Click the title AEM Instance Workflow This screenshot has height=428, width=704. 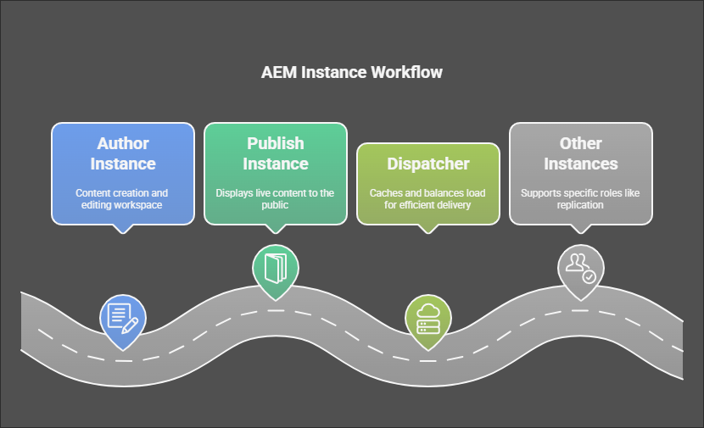pos(352,72)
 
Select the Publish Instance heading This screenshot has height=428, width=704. pos(276,153)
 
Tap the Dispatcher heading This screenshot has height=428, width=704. pos(428,163)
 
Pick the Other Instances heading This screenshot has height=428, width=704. pos(581,153)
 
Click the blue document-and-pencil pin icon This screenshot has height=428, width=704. pos(122,315)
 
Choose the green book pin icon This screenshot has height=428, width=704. pos(276,270)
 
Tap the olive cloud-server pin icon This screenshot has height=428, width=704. pos(428,315)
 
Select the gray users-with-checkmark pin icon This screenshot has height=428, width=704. pos(581,269)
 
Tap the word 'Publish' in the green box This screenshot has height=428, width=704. pos(276,142)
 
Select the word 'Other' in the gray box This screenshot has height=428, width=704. pos(581,142)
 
